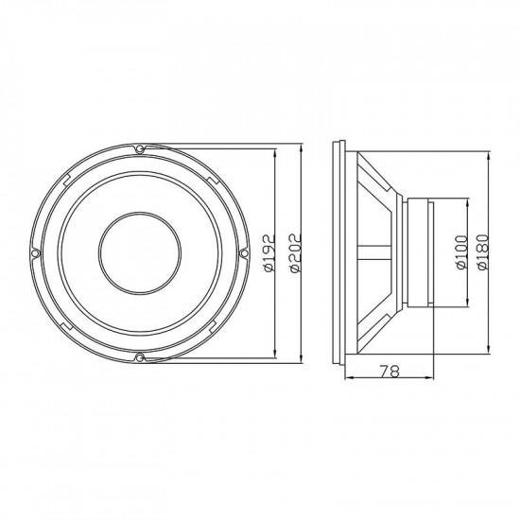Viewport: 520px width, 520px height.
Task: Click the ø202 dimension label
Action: point(295,253)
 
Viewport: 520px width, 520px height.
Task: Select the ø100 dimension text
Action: point(460,252)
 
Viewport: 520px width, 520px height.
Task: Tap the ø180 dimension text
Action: point(483,252)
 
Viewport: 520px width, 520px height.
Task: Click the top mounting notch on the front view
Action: point(139,149)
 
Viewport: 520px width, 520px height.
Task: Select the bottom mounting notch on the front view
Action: point(139,356)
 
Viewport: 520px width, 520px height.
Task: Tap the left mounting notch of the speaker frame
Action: point(35,253)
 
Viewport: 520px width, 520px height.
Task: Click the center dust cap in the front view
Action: point(139,253)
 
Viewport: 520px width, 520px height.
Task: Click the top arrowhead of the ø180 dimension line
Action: point(483,153)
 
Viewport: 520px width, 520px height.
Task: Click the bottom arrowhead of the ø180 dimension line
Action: point(483,354)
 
